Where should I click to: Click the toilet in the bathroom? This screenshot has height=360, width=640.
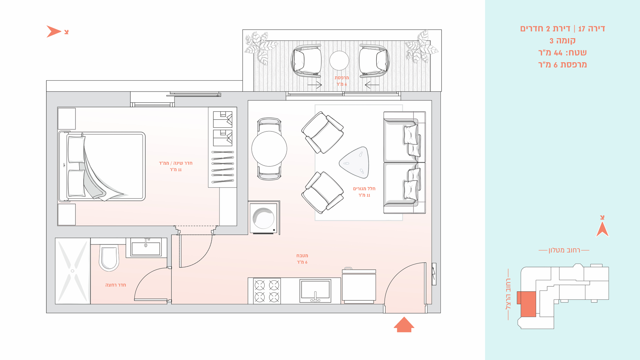coord(109,258)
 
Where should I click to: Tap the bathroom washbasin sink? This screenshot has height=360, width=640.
coord(146,248)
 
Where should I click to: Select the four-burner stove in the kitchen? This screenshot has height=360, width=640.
coord(267,291)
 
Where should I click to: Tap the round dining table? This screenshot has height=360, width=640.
coord(269,149)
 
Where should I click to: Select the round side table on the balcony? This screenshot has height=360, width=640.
coord(339,61)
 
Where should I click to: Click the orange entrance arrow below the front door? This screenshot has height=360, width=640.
coord(404,325)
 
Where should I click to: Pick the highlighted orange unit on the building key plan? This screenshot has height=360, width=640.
coord(527,304)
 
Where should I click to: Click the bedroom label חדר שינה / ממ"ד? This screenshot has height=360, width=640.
coord(175,163)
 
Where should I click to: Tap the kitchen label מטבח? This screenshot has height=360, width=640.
coord(302,256)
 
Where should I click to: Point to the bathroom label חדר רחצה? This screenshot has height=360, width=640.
coord(116,285)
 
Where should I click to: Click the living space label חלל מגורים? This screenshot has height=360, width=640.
coord(364,189)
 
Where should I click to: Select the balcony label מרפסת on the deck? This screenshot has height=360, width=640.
coord(342,78)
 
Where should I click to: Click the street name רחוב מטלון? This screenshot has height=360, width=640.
coord(564,250)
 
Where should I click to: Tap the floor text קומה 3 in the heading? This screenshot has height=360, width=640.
coord(562,41)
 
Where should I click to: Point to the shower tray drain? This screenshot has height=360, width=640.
coord(73,271)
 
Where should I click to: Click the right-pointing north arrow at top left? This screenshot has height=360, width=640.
coord(53,31)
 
